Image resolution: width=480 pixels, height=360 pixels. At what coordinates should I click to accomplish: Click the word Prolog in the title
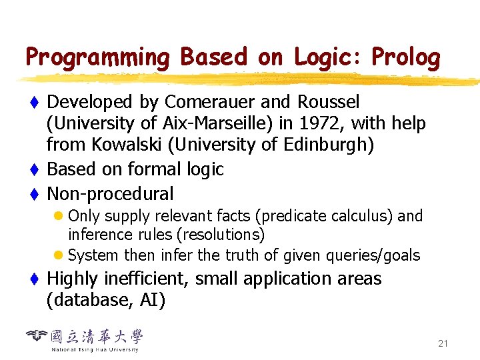pyautogui.click(x=406, y=59)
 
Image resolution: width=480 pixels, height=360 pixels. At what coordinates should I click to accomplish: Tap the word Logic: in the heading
pyautogui.click(x=325, y=59)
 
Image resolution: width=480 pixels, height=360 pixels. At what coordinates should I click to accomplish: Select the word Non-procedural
pyautogui.click(x=110, y=194)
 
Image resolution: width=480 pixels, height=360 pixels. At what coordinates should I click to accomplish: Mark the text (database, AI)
pyautogui.click(x=106, y=300)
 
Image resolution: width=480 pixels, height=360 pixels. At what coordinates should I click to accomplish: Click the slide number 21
pyautogui.click(x=443, y=344)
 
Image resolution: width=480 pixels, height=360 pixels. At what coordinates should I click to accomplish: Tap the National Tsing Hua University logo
pyautogui.click(x=85, y=339)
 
